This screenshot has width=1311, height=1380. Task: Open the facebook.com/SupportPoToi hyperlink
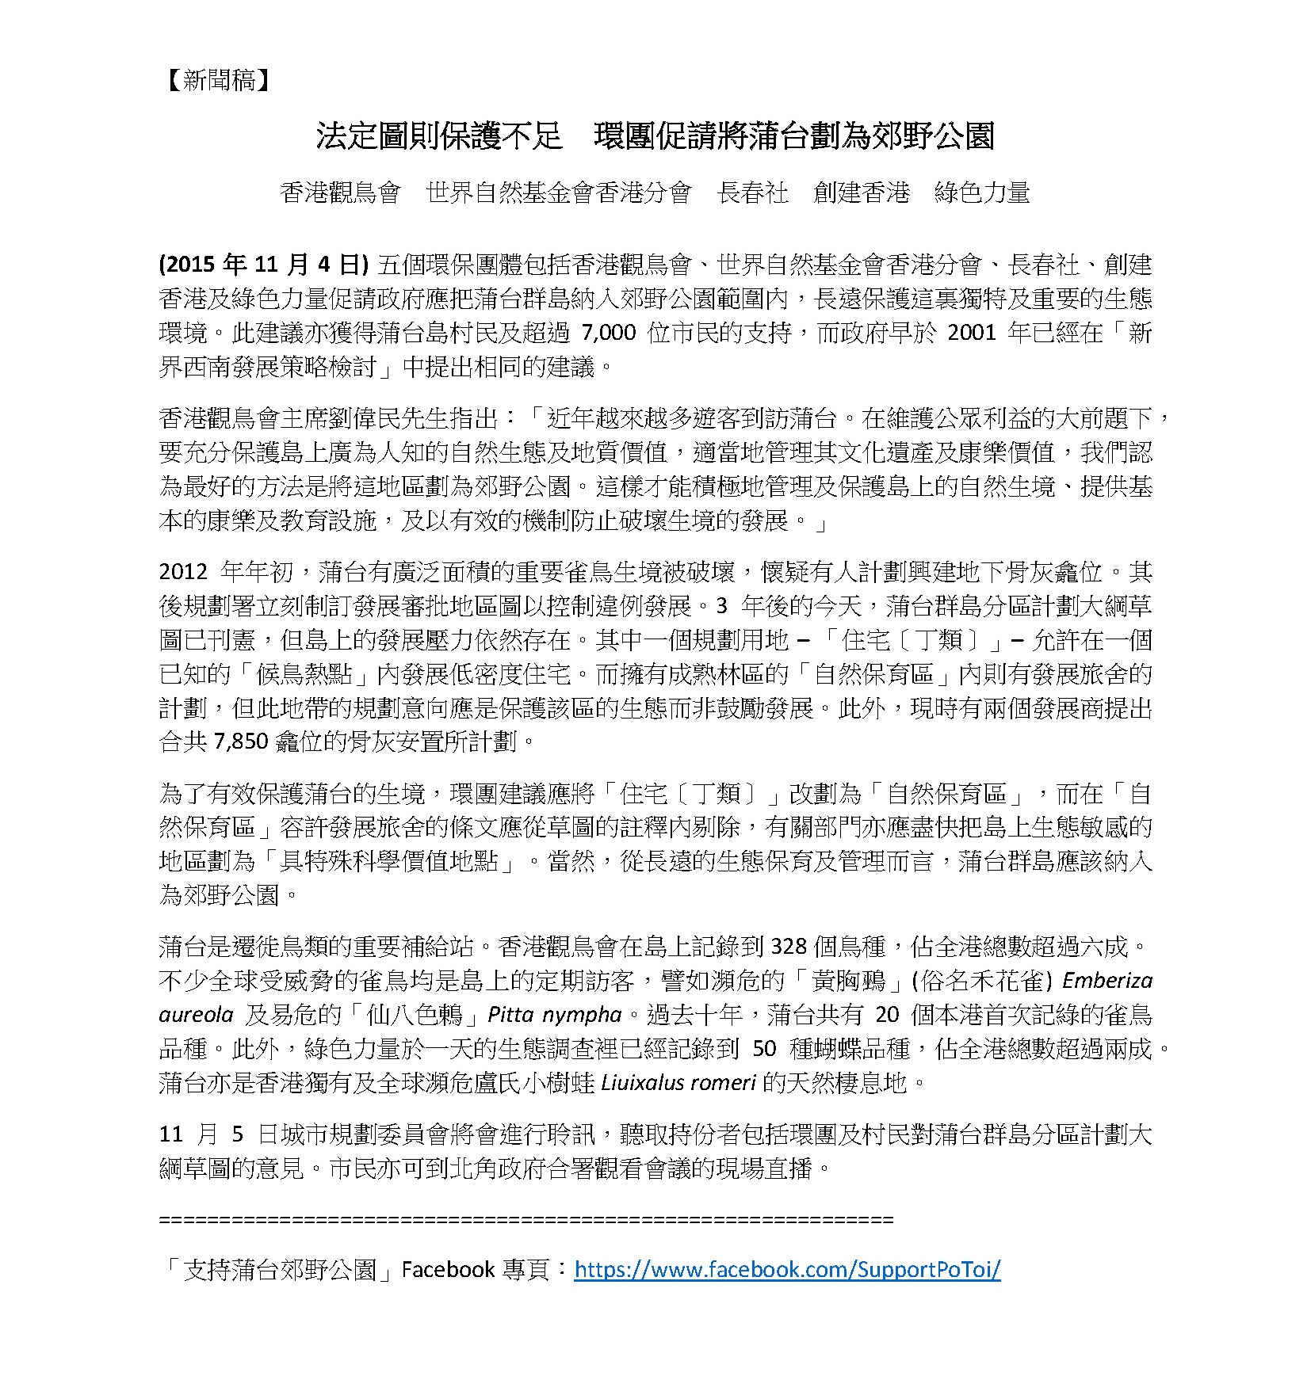coord(786,1270)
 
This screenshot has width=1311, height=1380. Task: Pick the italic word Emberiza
coord(1107,981)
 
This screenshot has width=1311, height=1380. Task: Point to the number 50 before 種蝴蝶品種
coord(763,1049)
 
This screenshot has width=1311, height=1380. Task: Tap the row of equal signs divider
coord(526,1219)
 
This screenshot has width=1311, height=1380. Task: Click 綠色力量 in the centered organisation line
coord(982,193)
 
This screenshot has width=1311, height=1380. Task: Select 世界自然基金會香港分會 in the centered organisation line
coord(559,193)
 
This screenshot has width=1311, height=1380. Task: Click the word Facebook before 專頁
coord(448,1270)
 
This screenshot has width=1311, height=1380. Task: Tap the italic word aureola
coord(195,1015)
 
